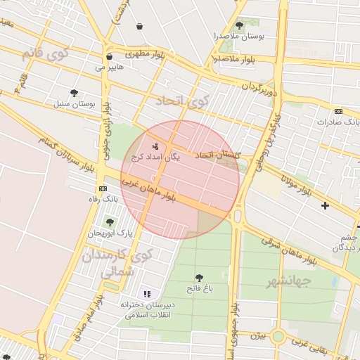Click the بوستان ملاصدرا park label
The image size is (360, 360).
239,37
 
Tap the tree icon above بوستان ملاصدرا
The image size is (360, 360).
239,25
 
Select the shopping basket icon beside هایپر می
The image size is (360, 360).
109,58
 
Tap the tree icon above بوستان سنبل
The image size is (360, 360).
75,93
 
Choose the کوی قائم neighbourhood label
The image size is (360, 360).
45,53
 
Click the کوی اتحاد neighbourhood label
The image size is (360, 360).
184,101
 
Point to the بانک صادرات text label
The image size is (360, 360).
338,122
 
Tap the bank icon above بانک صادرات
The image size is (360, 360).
339,111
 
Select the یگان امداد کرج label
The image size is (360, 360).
156,157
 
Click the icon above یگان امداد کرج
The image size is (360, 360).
155,146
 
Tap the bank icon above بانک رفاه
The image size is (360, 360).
103,189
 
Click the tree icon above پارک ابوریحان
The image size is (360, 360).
109,222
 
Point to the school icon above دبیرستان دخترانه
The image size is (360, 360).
147,294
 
